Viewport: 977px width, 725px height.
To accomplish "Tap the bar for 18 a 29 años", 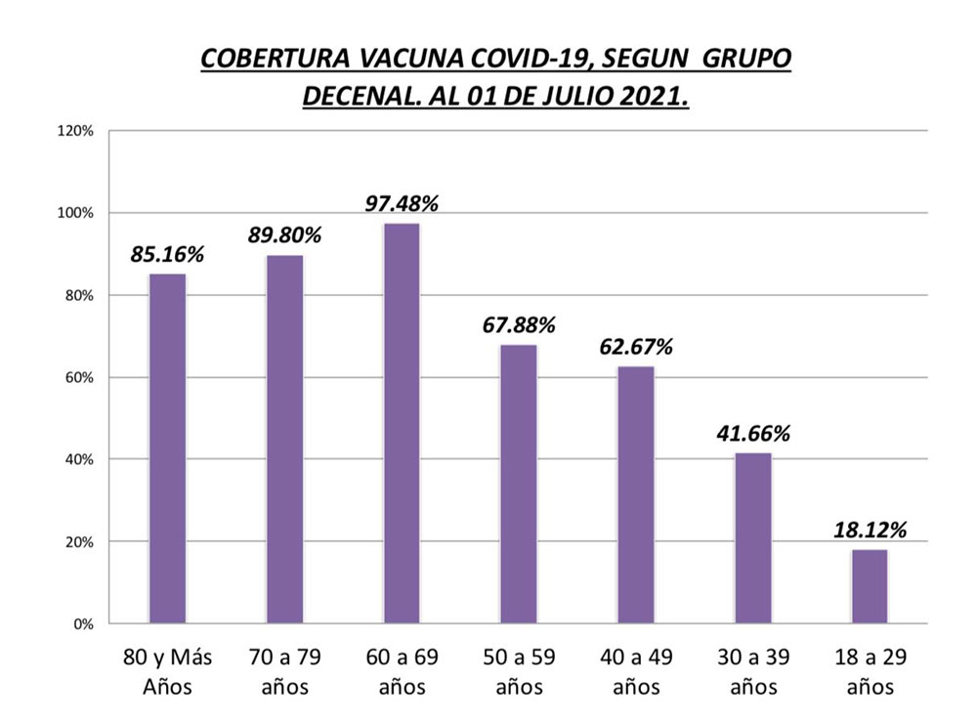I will click(x=870, y=585).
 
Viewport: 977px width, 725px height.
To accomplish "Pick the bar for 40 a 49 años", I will click(x=635, y=494).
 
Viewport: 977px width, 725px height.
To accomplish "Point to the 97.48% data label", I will click(x=402, y=204).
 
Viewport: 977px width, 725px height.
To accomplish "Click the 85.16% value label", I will click(x=167, y=255).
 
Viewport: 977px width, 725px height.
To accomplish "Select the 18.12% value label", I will click(x=870, y=531).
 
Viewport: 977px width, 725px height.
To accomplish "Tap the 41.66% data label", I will click(x=752, y=434).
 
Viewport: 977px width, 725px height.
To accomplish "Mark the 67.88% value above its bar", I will click(x=519, y=325).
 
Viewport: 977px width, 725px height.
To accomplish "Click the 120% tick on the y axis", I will click(x=75, y=131).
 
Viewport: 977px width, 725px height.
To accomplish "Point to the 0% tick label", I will click(x=81, y=623).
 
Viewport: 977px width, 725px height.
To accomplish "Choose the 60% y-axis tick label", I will click(x=78, y=377).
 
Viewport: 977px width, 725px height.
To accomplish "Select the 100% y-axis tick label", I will click(x=75, y=213).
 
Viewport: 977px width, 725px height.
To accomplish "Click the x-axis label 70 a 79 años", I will click(x=284, y=671).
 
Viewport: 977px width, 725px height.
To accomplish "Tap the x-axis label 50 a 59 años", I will click(x=519, y=671).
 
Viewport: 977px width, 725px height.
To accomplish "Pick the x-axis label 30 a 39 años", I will click(x=752, y=671).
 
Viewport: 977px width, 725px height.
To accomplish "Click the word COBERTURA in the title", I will click(x=272, y=60).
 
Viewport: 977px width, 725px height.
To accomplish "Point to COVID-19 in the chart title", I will click(x=522, y=60).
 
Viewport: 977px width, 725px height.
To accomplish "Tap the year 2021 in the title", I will click(x=647, y=97).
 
